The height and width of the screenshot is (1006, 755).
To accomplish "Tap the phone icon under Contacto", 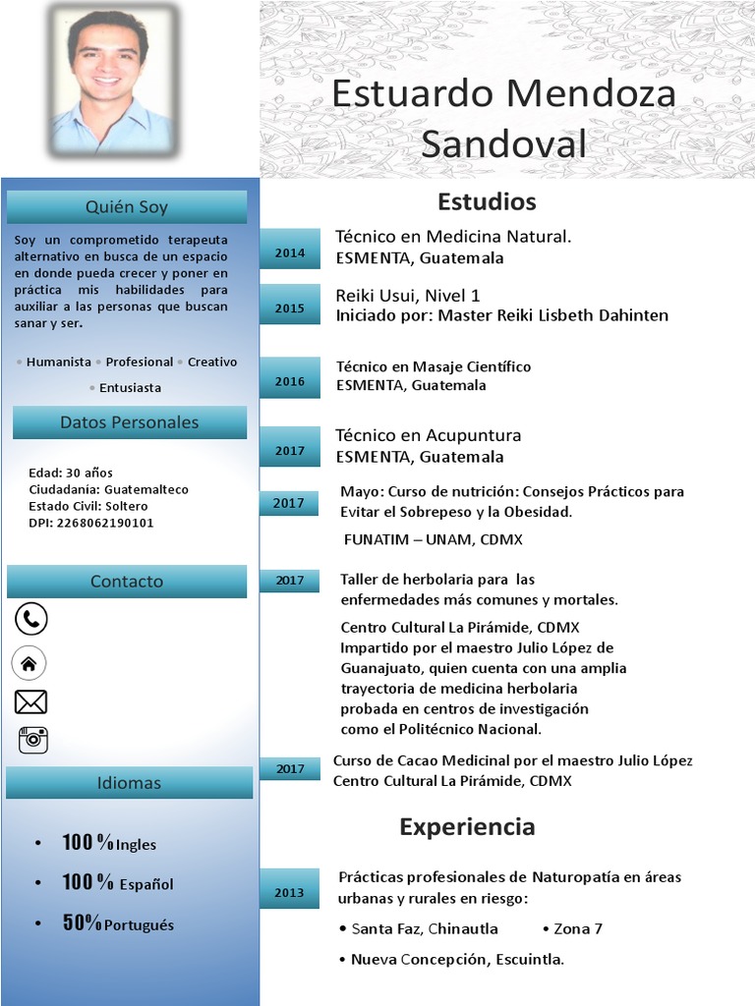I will tap(30, 619).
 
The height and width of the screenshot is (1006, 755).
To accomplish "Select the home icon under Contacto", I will tap(29, 663).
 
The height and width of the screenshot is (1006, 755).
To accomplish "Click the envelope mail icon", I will tap(30, 701).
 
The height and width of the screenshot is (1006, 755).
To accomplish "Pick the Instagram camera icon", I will tap(32, 740).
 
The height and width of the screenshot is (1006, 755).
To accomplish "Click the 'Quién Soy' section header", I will tap(127, 207).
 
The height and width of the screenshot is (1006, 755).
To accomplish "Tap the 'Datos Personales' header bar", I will tap(129, 422).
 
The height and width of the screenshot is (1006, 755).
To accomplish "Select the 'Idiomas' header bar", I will tap(129, 783).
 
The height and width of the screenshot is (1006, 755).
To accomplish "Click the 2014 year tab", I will tap(290, 253).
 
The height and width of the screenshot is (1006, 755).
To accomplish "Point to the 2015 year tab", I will tap(290, 308).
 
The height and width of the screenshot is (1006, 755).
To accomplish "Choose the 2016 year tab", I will tap(290, 381).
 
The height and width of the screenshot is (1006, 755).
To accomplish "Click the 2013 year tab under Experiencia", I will tap(289, 892).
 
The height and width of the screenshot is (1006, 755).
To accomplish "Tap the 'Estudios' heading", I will tap(487, 201).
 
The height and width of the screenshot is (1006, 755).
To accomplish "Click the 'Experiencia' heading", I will tap(467, 826).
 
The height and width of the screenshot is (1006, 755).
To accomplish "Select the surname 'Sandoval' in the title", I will tap(503, 143).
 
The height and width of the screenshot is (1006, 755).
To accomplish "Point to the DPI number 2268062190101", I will tap(105, 523).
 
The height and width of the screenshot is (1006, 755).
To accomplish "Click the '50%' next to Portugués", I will tap(82, 922).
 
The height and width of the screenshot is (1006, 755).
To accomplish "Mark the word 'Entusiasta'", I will tap(130, 388).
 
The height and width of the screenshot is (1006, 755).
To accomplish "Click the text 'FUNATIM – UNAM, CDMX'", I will tap(433, 540).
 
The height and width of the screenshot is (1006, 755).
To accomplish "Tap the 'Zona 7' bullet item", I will tap(577, 928).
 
